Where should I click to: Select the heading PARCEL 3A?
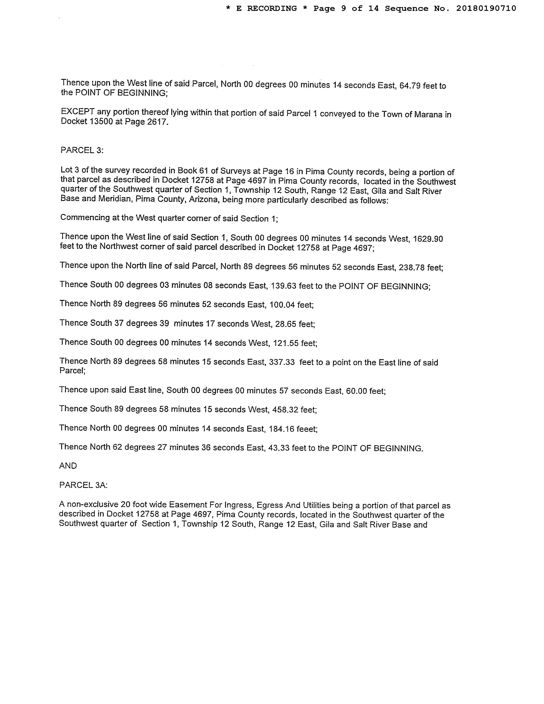pyautogui.click(x=83, y=485)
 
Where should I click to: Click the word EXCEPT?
pyautogui.click(x=78, y=112)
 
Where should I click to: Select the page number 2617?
pyautogui.click(x=157, y=122)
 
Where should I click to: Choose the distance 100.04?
pyautogui.click(x=282, y=305)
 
